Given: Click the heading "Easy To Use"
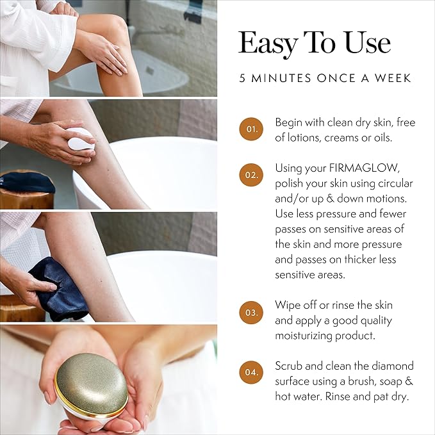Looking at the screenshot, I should [x=314, y=44].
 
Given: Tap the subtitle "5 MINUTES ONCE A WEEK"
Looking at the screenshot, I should [x=325, y=79].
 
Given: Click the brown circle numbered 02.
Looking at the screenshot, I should [x=252, y=174].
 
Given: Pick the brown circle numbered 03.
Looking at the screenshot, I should [x=252, y=313].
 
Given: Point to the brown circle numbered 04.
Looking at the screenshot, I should [x=252, y=373].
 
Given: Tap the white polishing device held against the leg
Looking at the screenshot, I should [x=82, y=138].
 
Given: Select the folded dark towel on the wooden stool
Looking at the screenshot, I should [x=26, y=183].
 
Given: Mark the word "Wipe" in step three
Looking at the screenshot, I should [x=288, y=305].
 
